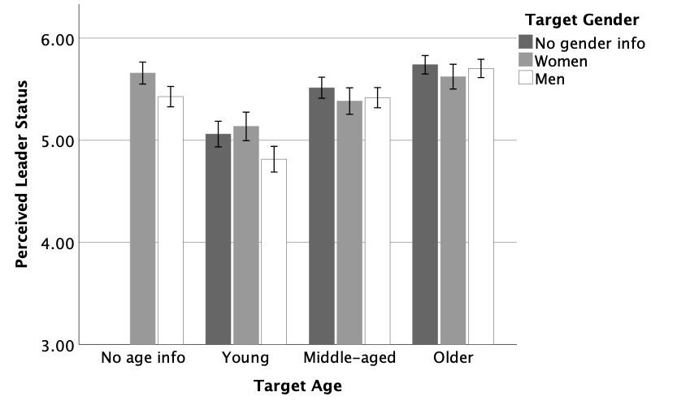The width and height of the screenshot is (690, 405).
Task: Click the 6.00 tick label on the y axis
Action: tap(57, 39)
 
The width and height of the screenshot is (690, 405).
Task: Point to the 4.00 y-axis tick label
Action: tap(57, 243)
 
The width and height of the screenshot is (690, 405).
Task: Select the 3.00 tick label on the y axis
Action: tap(57, 345)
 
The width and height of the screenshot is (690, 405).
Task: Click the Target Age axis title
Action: tap(297, 386)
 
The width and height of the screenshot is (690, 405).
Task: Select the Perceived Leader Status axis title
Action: tap(24, 174)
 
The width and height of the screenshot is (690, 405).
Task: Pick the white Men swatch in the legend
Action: tap(525, 78)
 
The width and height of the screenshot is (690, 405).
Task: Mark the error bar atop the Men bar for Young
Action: tap(274, 159)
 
